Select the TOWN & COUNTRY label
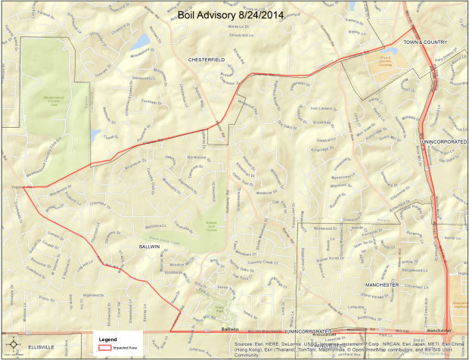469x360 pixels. pyautogui.click(x=425, y=42)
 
